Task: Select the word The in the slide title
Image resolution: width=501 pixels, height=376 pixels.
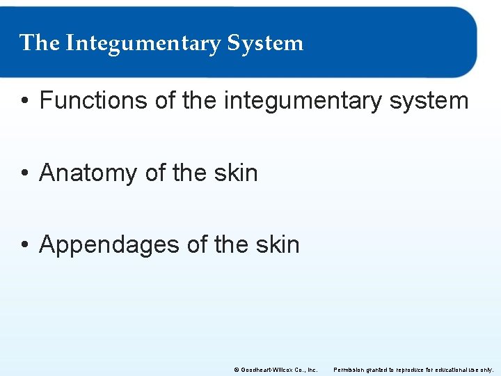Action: point(40,43)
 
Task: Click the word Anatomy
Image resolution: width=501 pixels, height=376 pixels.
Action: point(88,173)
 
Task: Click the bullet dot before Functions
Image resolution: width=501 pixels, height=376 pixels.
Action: point(24,102)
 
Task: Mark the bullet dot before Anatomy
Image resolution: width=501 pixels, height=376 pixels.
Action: point(24,173)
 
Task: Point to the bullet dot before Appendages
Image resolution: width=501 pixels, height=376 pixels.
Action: point(24,245)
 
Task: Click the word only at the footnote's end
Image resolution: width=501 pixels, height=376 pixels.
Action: point(488,370)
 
